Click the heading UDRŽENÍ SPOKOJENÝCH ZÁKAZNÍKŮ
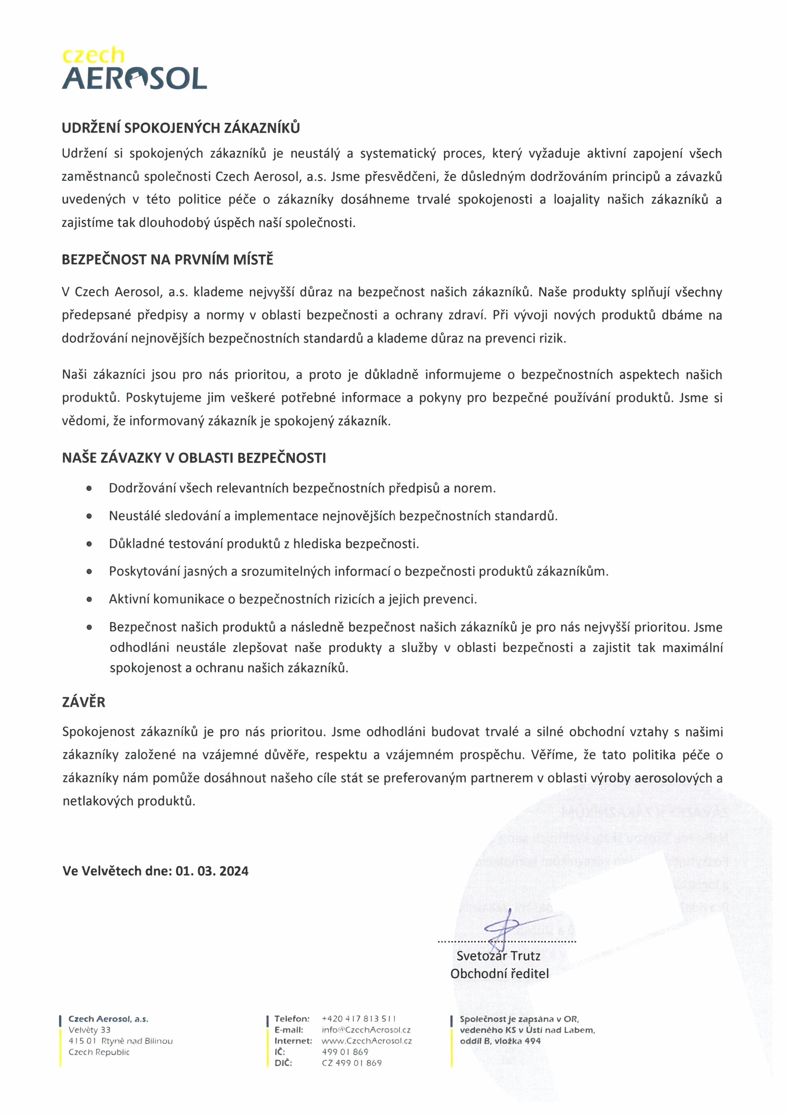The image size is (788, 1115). click(181, 128)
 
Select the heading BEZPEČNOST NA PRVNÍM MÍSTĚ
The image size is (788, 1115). click(168, 260)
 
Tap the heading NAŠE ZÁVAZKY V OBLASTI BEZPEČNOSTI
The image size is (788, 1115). click(194, 458)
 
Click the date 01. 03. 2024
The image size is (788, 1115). click(212, 871)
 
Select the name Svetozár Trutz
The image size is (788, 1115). click(498, 956)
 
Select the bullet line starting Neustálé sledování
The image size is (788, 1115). click(333, 516)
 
